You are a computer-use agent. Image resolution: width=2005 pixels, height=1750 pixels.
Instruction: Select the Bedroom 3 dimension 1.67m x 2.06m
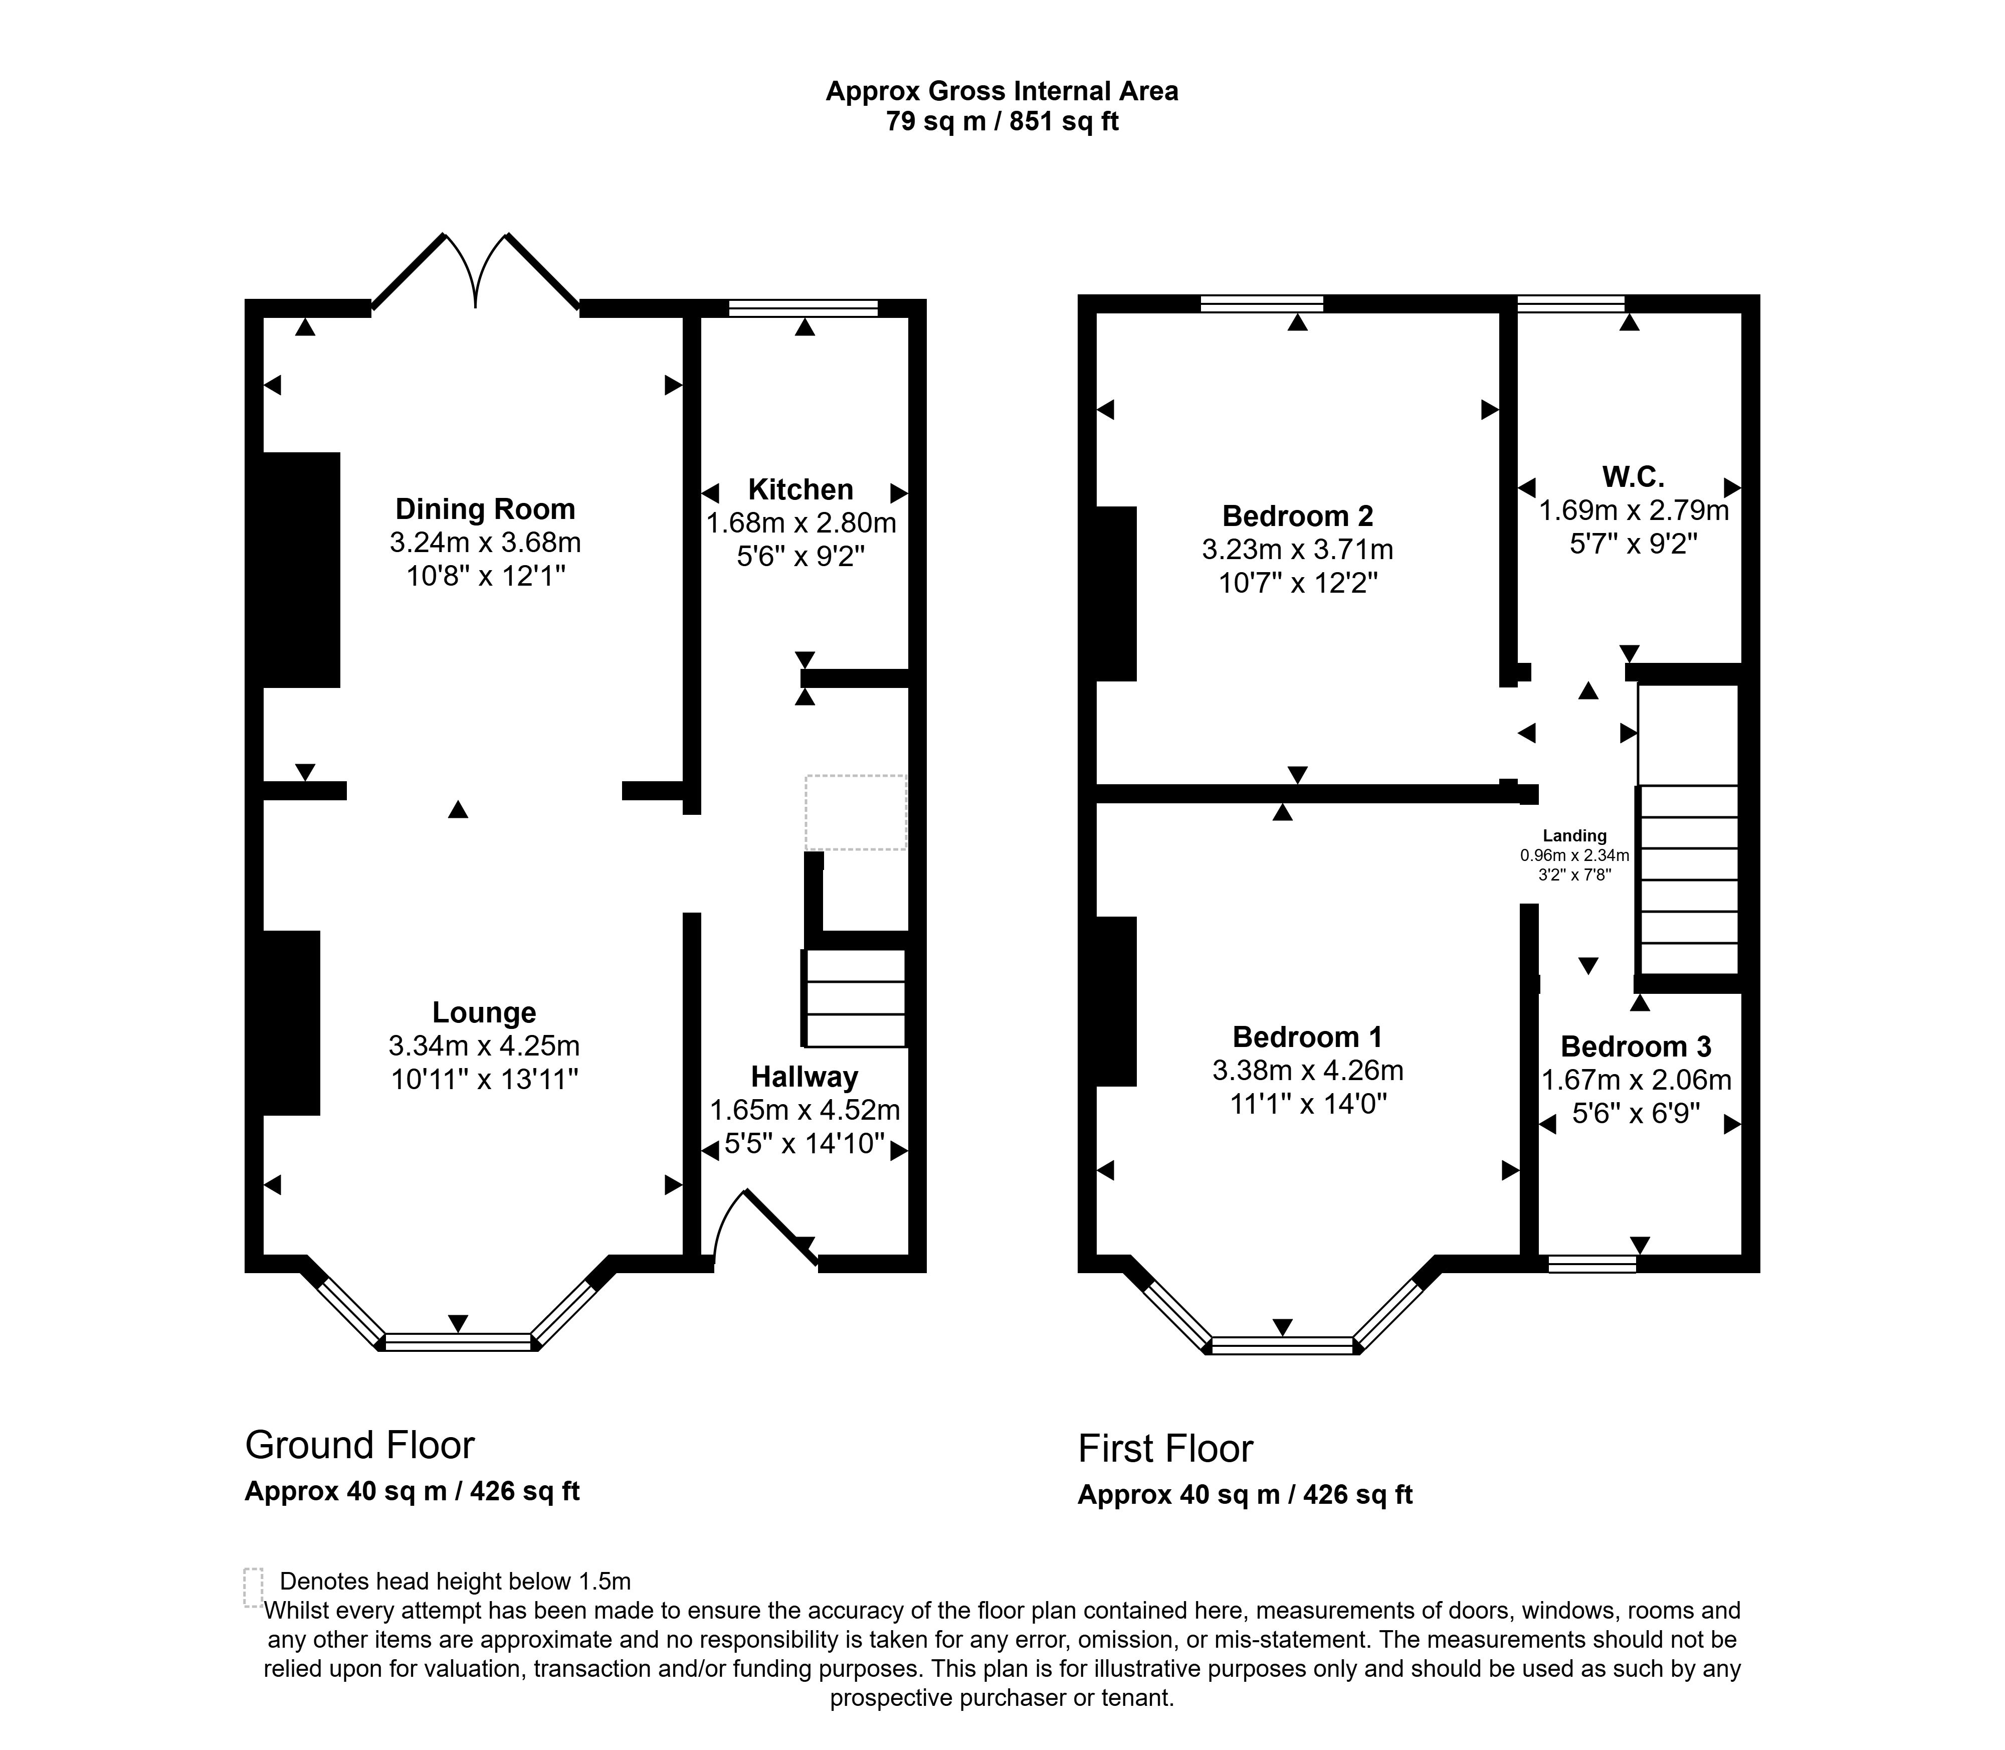coord(1636,1080)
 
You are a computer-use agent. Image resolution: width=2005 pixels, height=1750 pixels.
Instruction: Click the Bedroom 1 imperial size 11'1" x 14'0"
coord(1307,1105)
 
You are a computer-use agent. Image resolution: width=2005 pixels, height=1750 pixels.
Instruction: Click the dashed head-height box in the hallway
coord(855,812)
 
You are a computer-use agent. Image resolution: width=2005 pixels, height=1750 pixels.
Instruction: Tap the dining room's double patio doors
coord(475,273)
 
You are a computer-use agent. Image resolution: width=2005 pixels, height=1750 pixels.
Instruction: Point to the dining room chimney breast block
coord(301,569)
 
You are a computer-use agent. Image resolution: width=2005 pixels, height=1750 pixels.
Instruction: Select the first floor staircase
coord(1689,879)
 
